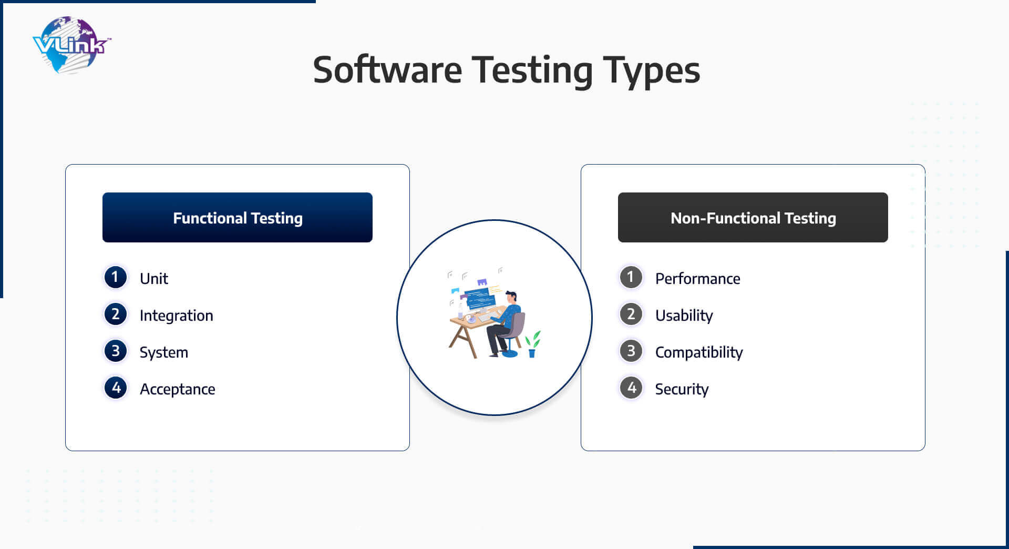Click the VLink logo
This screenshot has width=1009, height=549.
coord(71,45)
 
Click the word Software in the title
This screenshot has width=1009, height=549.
coord(387,70)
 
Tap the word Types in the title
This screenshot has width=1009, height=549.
coord(651,72)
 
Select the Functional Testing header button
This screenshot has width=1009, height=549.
coord(238,217)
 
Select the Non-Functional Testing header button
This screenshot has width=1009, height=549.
coord(753,217)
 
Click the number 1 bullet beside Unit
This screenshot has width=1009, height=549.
coord(116,277)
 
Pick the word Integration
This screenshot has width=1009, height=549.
coord(177,316)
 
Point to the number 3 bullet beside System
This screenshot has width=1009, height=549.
coord(116,351)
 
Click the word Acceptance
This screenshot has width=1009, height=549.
coord(178,390)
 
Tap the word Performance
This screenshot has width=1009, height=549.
coord(698,279)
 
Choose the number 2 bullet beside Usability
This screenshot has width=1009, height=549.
coord(631,314)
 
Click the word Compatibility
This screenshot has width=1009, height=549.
coord(699,353)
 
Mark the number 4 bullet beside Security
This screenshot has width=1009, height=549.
coord(631,388)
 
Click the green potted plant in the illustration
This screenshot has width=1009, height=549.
coord(532,344)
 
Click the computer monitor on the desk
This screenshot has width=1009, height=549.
coord(480,298)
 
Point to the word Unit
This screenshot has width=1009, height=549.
coord(154,279)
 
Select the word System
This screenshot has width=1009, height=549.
coord(164,353)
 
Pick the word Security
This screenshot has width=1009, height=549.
coord(682,390)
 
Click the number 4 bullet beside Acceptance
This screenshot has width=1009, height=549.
coord(116,388)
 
